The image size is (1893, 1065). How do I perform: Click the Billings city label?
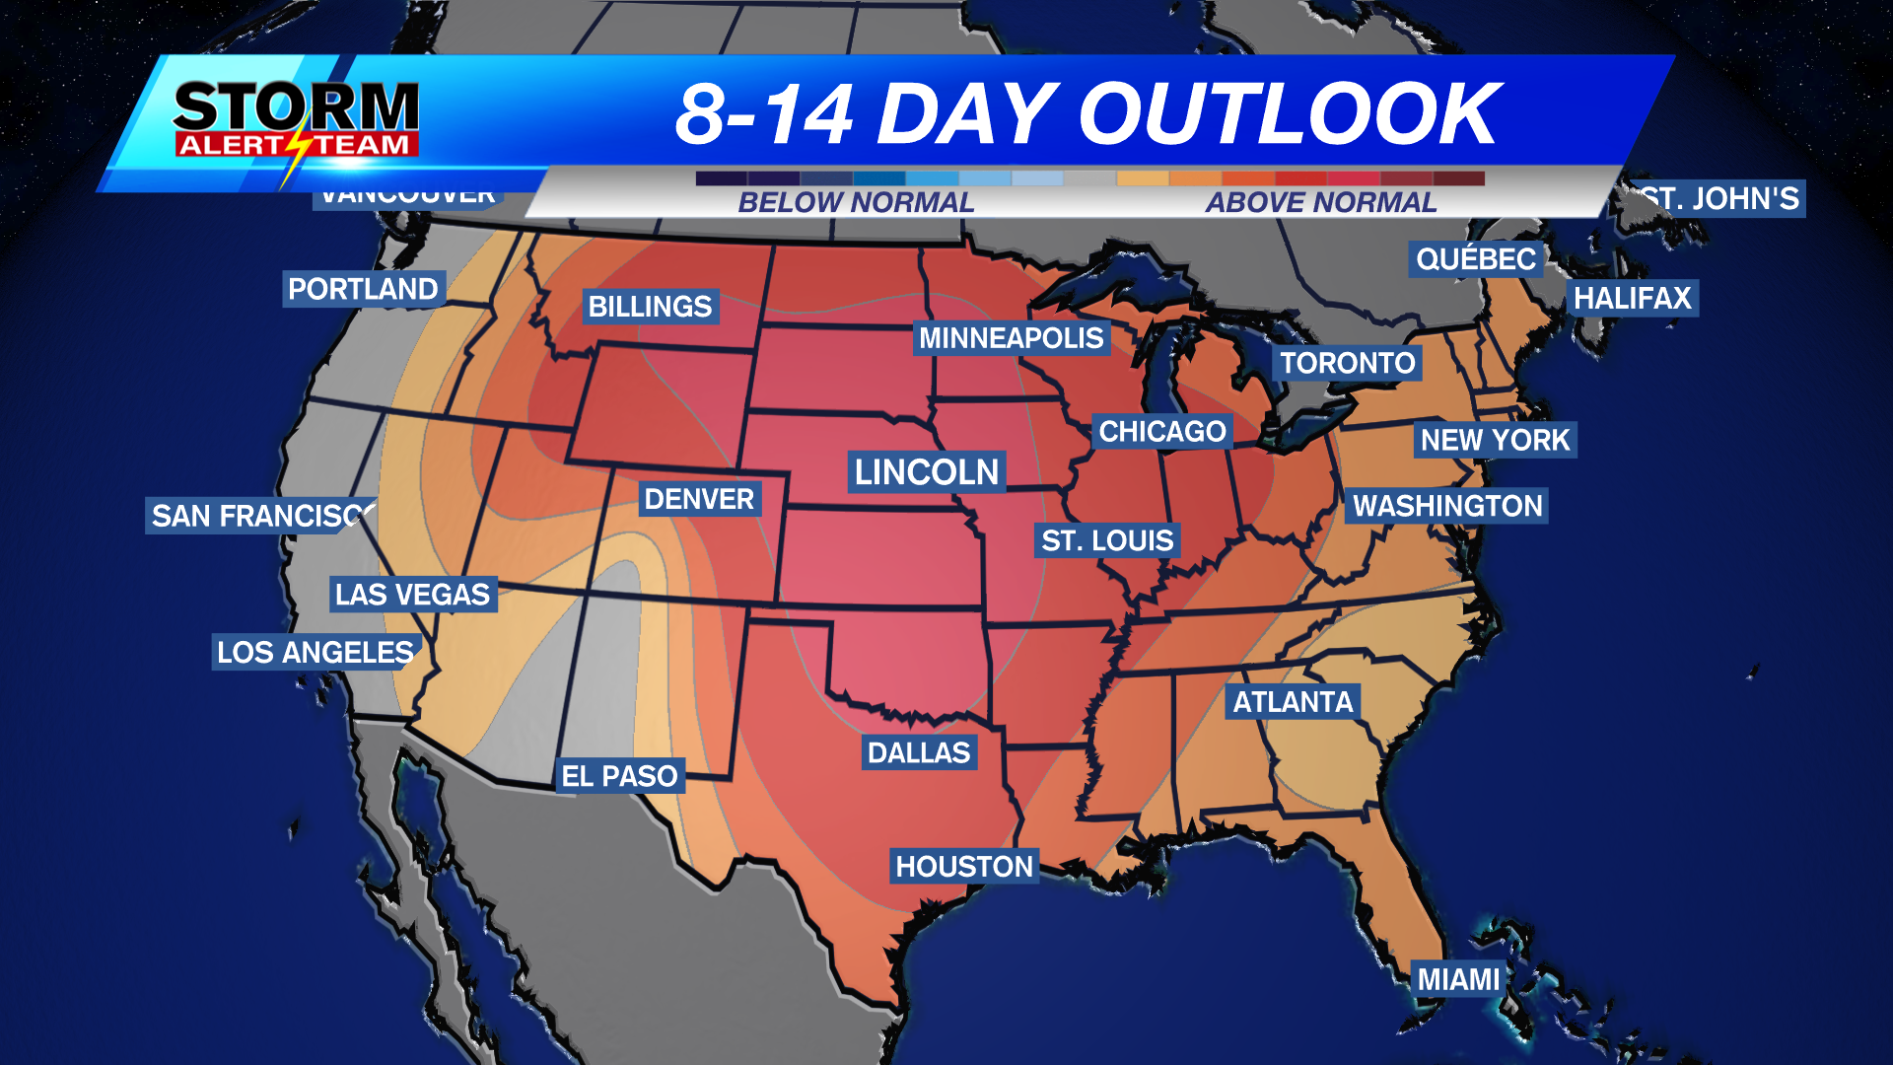(x=650, y=307)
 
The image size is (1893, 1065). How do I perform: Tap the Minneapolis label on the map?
(x=1012, y=338)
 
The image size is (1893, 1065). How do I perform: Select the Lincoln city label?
(x=927, y=472)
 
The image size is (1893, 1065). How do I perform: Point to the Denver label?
(x=699, y=499)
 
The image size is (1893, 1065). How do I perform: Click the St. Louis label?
(x=1107, y=540)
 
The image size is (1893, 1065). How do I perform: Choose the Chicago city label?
(x=1162, y=431)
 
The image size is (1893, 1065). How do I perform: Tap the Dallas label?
(x=919, y=752)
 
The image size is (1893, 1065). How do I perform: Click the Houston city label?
(x=964, y=867)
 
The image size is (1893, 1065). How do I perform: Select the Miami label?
(x=1458, y=979)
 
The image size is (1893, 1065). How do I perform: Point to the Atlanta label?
(x=1293, y=702)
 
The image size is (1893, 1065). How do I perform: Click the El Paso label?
(x=619, y=776)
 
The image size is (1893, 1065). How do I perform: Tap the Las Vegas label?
(x=412, y=595)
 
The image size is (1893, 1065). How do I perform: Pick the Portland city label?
(x=363, y=289)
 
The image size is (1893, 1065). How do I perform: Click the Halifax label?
(x=1632, y=298)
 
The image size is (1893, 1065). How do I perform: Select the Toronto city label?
(x=1348, y=363)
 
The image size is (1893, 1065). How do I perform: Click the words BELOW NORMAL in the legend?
(x=856, y=202)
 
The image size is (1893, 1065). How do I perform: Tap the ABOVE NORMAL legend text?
(x=1321, y=202)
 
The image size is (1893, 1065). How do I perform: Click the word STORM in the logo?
(x=296, y=106)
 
